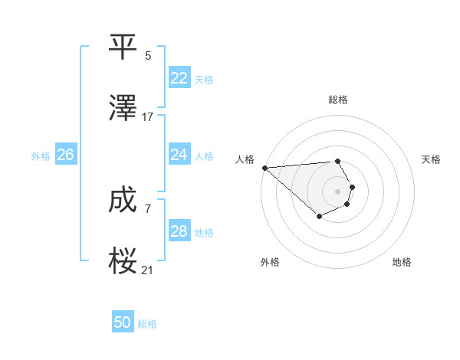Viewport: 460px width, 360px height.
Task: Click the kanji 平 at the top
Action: pos(123,47)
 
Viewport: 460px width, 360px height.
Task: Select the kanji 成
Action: pos(123,200)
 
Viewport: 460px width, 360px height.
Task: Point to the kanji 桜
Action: pos(123,261)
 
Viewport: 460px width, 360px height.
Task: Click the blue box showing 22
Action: pos(179,78)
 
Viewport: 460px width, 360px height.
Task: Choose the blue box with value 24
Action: pos(179,155)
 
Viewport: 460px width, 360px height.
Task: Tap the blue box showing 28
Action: pos(179,231)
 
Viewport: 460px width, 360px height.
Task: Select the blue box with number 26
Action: pos(65,155)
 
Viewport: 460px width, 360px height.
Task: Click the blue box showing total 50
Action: pos(123,323)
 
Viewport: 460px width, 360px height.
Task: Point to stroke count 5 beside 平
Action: pos(148,56)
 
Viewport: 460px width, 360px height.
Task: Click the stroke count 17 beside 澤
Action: pos(148,117)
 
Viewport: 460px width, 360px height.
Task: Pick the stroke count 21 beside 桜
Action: pos(148,270)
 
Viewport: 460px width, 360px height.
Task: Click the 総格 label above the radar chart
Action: pos(338,100)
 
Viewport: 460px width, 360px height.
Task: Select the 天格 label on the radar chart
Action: pos(432,159)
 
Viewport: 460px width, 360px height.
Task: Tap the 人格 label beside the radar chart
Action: pos(245,159)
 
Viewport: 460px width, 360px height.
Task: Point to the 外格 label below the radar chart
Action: pos(270,262)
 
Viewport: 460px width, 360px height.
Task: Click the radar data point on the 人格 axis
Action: pos(264,168)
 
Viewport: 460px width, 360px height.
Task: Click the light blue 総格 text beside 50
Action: pos(147,324)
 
